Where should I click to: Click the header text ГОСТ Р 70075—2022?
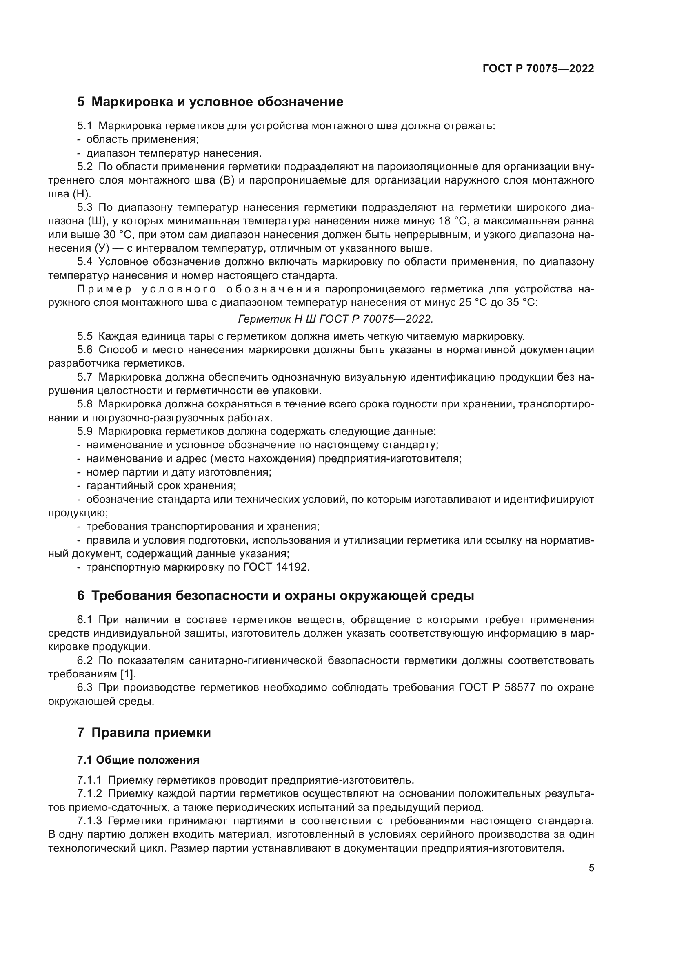[x=538, y=69]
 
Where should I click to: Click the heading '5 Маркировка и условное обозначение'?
[x=210, y=102]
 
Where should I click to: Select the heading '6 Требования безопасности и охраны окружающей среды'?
[x=275, y=596]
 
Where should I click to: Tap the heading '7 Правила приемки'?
[x=144, y=733]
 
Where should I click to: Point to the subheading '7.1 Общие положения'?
[x=138, y=760]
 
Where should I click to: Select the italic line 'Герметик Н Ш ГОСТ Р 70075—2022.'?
[x=335, y=319]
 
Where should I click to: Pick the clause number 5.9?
[x=85, y=431]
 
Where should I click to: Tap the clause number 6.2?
[x=85, y=661]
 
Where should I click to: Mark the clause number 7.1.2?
[x=89, y=794]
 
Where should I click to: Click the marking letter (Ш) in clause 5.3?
[x=97, y=221]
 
